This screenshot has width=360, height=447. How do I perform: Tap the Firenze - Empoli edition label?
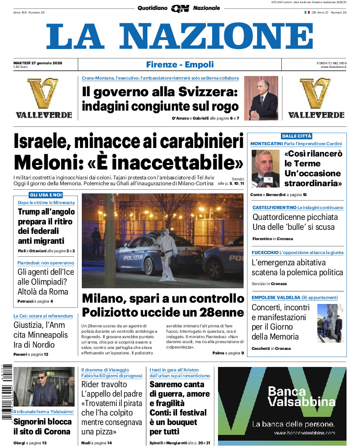point(180,65)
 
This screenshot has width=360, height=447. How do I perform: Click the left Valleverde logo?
point(44,98)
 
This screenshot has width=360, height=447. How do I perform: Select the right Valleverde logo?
point(316,98)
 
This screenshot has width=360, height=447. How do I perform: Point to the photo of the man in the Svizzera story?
point(261,98)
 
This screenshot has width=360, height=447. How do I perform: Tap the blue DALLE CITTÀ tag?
point(297,136)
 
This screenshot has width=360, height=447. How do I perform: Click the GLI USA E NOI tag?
point(46,195)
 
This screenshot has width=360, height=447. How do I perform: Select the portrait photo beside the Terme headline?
point(265,168)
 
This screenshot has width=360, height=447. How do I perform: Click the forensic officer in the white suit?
point(165,254)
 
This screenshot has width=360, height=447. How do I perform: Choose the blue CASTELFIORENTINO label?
point(273,208)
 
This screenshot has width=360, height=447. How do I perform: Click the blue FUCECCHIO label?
point(265,253)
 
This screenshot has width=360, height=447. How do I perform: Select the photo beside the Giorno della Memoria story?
point(329,323)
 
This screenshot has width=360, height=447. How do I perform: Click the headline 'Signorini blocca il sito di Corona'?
point(42,426)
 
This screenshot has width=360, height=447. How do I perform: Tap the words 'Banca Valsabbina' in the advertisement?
point(287,396)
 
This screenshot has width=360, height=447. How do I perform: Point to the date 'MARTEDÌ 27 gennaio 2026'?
point(38,63)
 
